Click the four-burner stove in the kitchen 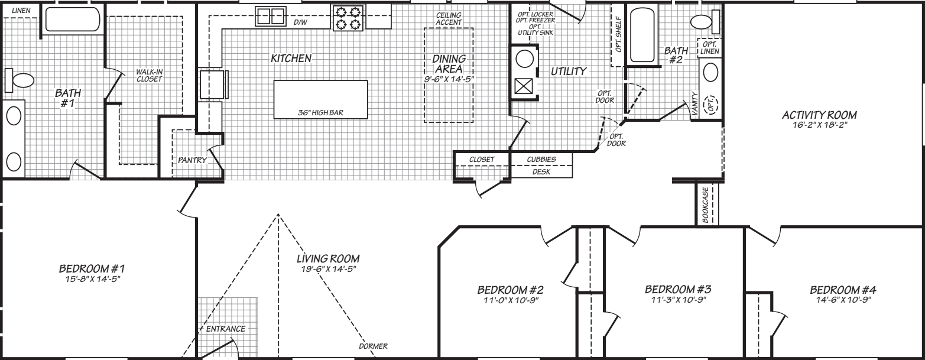click(348, 17)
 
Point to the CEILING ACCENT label click(449, 18)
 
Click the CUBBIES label click(541, 159)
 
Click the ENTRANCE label click(226, 329)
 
